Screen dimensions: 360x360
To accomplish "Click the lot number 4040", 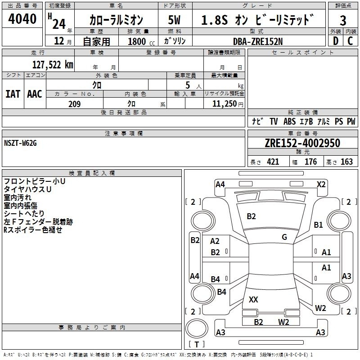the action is pos(22,19).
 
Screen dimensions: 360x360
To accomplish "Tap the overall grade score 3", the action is pos(343,21).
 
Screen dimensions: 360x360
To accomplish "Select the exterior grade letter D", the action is pos(336,41).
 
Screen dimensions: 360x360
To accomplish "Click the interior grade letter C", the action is pos(350,41).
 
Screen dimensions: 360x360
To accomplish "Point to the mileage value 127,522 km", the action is pos(53,65).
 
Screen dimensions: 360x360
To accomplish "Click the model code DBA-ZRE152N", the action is pos(258,41).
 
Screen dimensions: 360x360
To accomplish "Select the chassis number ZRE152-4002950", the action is pos(302,143).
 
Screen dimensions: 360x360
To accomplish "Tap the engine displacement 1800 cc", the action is pos(141,41).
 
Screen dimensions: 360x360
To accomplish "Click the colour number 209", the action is pos(74,104).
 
